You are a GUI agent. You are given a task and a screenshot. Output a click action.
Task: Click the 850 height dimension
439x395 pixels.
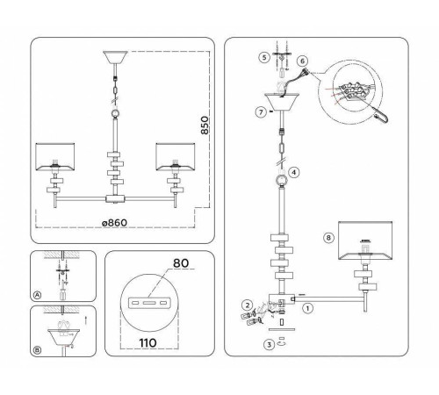coord(205,126)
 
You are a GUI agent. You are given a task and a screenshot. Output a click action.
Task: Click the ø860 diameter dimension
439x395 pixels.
coord(114,223)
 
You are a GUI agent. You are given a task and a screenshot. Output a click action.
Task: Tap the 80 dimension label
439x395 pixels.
coord(181,263)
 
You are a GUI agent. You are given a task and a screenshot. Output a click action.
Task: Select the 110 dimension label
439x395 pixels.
coord(148,342)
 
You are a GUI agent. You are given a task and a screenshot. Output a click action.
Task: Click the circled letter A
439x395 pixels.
coord(37,295)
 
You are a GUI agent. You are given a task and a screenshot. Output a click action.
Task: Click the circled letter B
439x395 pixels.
coord(37,350)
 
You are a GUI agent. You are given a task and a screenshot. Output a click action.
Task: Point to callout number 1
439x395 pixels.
coord(307,308)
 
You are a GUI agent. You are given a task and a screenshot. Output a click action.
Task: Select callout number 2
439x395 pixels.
coord(248,305)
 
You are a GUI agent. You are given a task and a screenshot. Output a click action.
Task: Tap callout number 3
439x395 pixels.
coord(269,345)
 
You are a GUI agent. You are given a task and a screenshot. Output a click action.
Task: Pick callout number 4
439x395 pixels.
coord(294,172)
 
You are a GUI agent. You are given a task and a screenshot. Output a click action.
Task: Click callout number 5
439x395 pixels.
coord(264,57)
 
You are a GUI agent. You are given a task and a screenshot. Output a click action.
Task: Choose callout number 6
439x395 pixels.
coord(302,61)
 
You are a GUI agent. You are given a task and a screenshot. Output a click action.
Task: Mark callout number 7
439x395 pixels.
coord(261,112)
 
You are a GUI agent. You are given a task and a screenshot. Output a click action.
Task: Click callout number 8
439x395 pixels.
coord(328,238)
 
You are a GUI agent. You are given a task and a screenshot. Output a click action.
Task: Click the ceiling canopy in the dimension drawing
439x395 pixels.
coord(115,58)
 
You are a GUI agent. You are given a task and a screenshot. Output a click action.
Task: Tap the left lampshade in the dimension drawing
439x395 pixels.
coord(55,157)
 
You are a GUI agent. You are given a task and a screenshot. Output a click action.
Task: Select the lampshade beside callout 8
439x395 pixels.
coord(365,241)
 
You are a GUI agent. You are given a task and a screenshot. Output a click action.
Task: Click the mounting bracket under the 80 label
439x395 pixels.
coord(149,303)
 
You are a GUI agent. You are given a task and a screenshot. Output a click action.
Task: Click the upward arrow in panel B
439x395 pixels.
coord(85,320)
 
